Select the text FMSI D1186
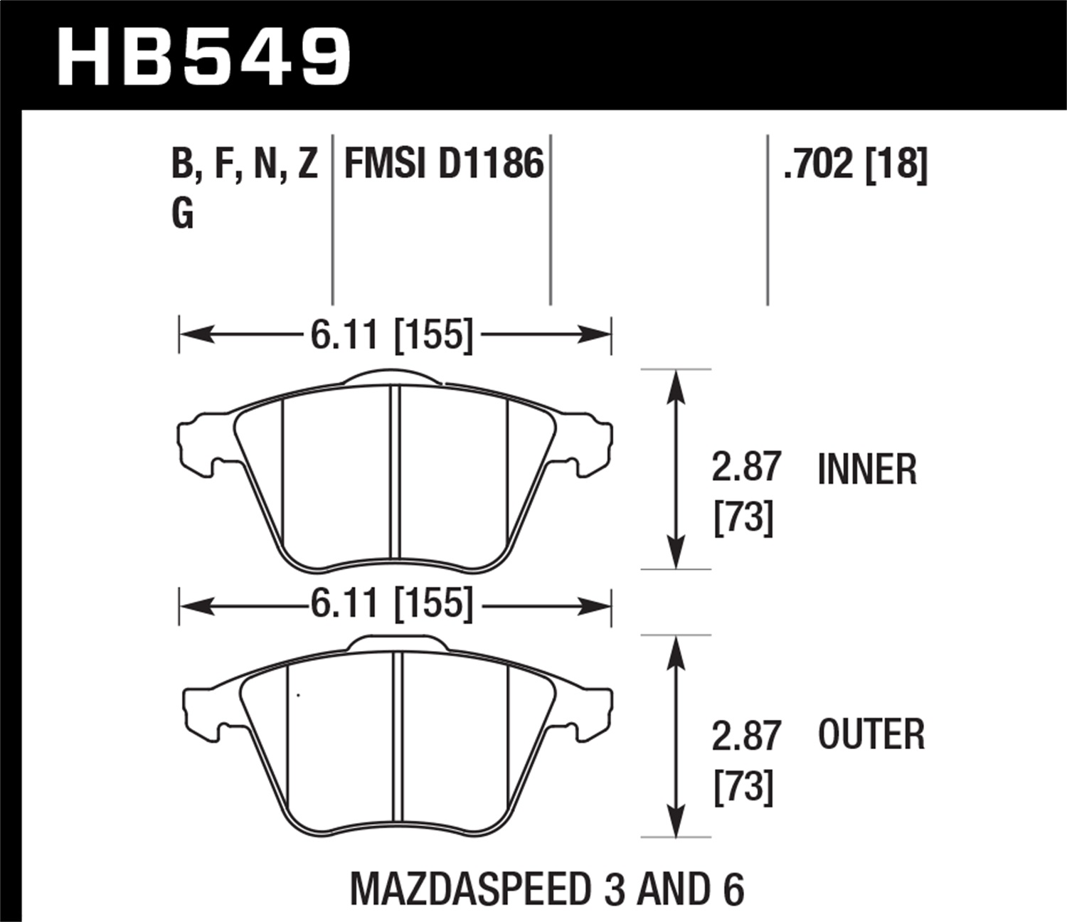[444, 164]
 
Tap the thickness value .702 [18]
[854, 164]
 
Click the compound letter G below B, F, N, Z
[183, 213]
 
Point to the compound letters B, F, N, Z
[244, 164]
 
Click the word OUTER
[871, 735]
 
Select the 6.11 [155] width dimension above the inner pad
[391, 334]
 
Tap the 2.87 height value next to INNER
[746, 467]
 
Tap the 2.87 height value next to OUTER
[746, 736]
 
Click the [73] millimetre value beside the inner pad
[743, 518]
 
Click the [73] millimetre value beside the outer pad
[743, 787]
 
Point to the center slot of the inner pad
[396, 472]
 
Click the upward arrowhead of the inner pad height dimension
[676, 384]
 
